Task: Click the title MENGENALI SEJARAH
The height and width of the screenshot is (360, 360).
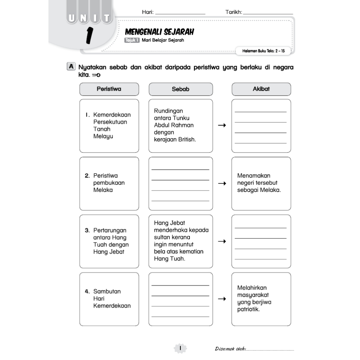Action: [159, 32]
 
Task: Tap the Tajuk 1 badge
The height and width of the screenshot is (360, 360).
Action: [132, 40]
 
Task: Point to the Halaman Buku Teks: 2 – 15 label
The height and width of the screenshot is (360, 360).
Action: [263, 51]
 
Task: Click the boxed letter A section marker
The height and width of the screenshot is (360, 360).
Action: [71, 66]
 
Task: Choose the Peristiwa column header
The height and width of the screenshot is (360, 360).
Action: [109, 89]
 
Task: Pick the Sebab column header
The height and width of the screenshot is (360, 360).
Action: [181, 89]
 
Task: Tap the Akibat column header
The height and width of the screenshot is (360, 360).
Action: [261, 89]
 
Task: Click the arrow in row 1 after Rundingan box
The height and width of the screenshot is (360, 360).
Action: [222, 126]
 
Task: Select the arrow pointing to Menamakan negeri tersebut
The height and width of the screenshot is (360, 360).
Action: [222, 183]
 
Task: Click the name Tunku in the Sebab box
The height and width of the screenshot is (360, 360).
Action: [181, 118]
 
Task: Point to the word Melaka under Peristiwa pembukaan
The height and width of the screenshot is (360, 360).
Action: [103, 190]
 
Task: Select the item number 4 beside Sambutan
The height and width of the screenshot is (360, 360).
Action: [87, 291]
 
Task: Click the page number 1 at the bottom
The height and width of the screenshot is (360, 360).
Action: [180, 348]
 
